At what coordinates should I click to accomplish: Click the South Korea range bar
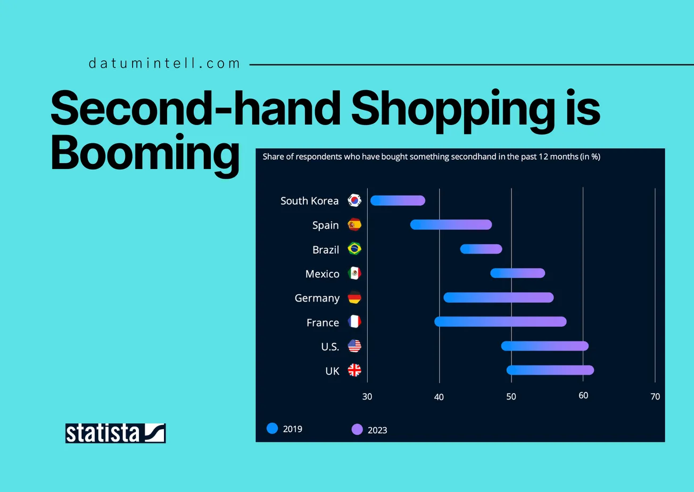pos(398,201)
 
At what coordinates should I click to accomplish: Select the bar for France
pos(500,322)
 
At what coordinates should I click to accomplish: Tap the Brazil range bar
pos(481,249)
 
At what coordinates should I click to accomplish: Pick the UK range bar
pos(550,370)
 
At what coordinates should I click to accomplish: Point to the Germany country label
pos(317,298)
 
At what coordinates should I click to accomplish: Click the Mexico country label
pos(322,274)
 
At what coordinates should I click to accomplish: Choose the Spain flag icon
pos(354,225)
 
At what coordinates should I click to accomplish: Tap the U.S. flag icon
pos(354,346)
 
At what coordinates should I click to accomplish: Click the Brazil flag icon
pos(354,248)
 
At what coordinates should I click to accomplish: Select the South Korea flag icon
pos(354,201)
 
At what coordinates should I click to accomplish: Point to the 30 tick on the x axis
pos(367,397)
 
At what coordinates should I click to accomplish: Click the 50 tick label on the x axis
pos(511,397)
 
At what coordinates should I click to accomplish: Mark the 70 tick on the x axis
pos(655,397)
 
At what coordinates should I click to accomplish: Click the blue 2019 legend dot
pos(272,429)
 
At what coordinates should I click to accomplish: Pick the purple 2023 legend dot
pos(357,429)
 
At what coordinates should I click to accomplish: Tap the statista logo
pos(115,433)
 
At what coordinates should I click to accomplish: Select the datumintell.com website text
pos(164,63)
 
